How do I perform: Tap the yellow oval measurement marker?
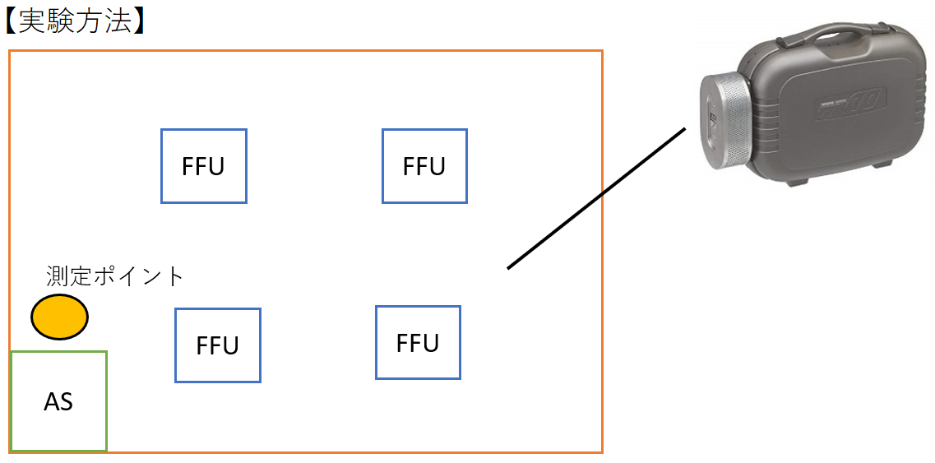pyautogui.click(x=59, y=317)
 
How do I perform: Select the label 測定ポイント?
pyautogui.click(x=115, y=276)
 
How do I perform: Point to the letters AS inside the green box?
pyautogui.click(x=58, y=402)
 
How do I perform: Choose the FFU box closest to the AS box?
pyautogui.click(x=218, y=345)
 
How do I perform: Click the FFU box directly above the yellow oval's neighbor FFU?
pyautogui.click(x=203, y=166)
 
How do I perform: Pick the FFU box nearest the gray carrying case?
pyautogui.click(x=424, y=166)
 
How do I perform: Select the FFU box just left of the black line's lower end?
pyautogui.click(x=418, y=342)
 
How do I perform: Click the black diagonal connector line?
pyautogui.click(x=596, y=198)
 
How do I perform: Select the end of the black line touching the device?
pyautogui.click(x=684, y=129)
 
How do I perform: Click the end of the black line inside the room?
pyautogui.click(x=509, y=267)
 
